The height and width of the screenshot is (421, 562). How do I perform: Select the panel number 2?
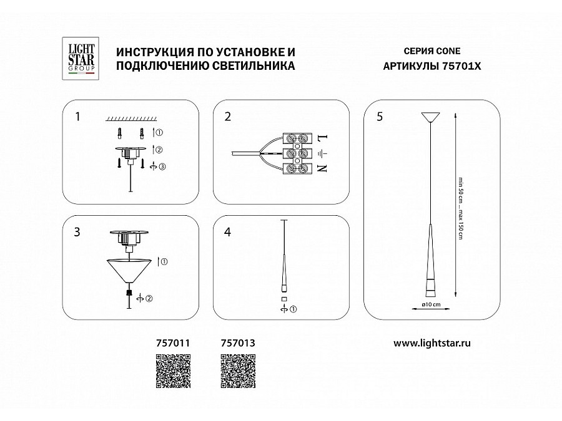tap(228, 116)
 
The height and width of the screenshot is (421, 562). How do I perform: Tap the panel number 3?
tap(77, 232)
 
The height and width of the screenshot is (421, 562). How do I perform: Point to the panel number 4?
tap(228, 232)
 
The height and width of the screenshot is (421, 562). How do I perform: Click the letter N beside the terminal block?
tap(322, 168)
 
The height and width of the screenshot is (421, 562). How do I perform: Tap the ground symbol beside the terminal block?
tap(322, 153)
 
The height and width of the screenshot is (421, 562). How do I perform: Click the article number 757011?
tap(172, 342)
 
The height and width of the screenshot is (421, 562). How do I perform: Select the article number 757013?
tap(239, 342)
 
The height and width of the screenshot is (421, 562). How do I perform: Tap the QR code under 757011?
tap(172, 371)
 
